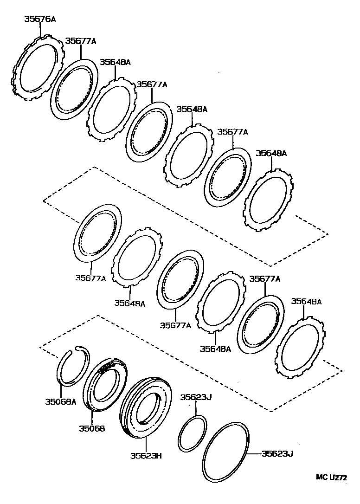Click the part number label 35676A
point(39,19)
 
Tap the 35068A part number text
point(60,402)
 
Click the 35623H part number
point(146,456)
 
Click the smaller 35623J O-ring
point(192,434)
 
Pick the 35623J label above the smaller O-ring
point(196,397)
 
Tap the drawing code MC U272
point(332,477)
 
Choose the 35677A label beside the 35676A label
point(80,41)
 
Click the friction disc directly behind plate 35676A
point(74,88)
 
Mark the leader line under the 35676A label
point(40,30)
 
